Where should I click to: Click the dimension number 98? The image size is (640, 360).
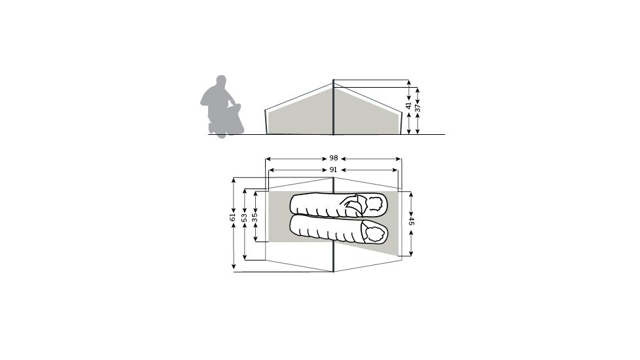click(x=333, y=158)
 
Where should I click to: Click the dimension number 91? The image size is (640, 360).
click(x=333, y=170)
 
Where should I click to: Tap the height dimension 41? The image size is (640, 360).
click(x=409, y=106)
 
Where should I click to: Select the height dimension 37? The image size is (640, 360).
click(x=418, y=109)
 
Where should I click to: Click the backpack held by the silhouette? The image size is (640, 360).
click(x=233, y=120)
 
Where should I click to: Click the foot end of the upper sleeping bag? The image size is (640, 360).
click(x=295, y=204)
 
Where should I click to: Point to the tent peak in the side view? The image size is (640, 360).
click(x=334, y=82)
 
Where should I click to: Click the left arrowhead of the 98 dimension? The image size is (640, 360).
click(x=268, y=158)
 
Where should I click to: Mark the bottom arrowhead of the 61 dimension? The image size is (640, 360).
click(x=233, y=267)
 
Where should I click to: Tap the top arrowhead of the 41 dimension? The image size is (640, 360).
click(x=409, y=83)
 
